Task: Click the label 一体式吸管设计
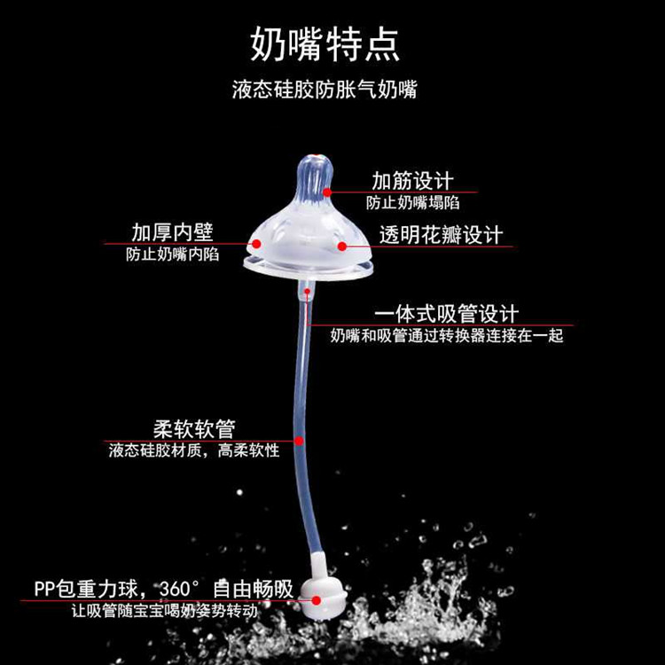pos(447,314)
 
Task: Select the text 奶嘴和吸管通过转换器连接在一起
pos(447,336)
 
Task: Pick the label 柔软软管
pos(193,429)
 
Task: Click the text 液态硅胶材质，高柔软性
pos(193,451)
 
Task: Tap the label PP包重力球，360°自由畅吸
pos(163,589)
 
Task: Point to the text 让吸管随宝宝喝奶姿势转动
pos(163,612)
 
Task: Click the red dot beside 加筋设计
pos(327,191)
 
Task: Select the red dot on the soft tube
pos(300,441)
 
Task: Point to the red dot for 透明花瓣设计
pos(340,245)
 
